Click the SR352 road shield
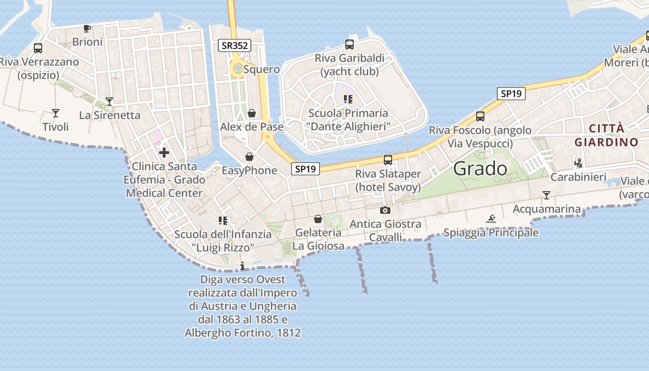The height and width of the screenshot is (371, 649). (235, 45)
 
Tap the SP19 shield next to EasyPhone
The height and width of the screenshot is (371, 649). (305, 169)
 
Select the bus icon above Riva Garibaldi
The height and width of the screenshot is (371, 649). (350, 45)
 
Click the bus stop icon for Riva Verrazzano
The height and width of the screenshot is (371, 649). (38, 48)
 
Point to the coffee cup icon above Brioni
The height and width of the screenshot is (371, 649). (87, 29)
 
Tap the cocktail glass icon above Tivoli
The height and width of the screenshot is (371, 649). (56, 113)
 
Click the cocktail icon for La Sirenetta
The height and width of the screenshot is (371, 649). (109, 101)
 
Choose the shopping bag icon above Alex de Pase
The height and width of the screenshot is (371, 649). (252, 113)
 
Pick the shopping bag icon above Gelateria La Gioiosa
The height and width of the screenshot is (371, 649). (318, 219)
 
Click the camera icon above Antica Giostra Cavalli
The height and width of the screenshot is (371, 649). (385, 211)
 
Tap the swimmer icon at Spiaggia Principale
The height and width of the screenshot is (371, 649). (491, 219)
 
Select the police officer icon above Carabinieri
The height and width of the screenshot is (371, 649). (578, 163)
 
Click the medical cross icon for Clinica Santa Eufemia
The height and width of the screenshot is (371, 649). (164, 153)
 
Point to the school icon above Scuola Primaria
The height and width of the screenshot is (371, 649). (348, 99)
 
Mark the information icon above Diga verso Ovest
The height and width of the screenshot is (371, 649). (242, 266)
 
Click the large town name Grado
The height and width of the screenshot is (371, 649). (480, 168)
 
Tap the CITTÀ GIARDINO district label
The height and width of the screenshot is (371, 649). (606, 135)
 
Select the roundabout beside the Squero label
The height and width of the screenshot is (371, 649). (238, 69)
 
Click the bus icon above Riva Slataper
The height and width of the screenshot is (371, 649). (388, 160)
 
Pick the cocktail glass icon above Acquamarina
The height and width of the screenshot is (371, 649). (547, 195)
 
